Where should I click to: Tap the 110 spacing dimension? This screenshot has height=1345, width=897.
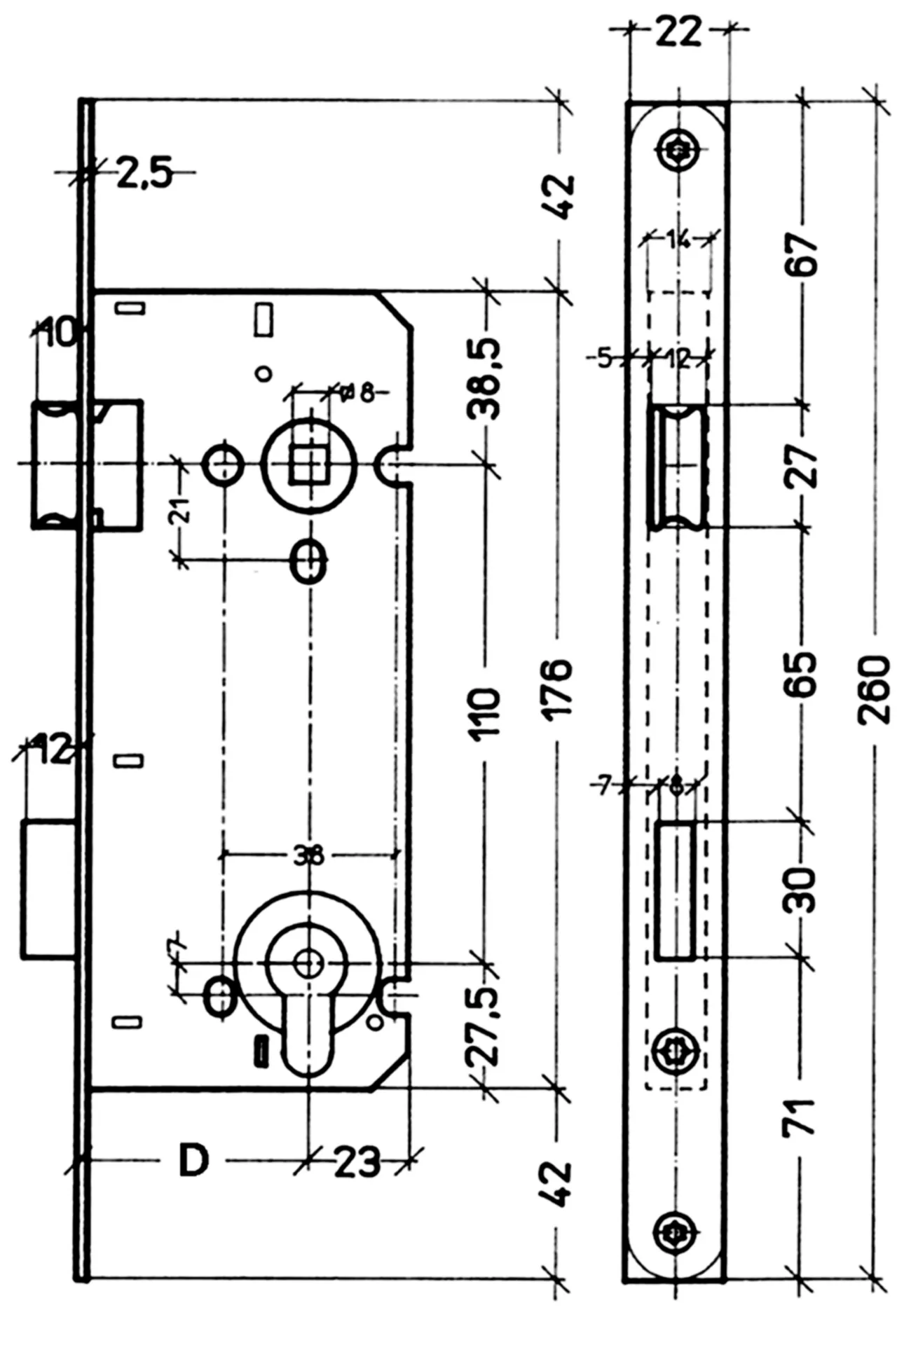(486, 710)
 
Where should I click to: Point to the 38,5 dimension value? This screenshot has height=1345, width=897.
(485, 378)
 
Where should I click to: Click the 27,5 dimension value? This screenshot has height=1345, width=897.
(485, 1026)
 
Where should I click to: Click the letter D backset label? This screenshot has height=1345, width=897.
(193, 1161)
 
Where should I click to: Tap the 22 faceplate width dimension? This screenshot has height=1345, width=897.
(678, 31)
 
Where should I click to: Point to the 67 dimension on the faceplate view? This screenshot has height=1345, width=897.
(806, 255)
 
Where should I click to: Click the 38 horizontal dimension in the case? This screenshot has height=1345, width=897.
(308, 855)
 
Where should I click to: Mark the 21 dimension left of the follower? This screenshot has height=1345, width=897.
(181, 511)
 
